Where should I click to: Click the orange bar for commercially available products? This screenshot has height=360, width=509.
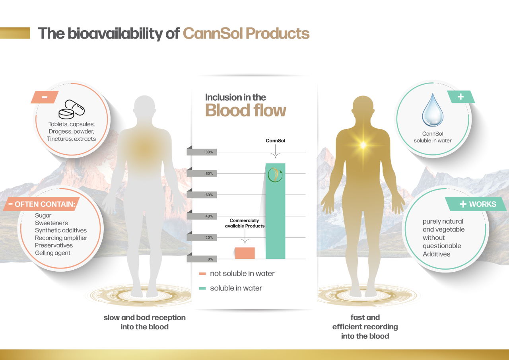tap(245, 253)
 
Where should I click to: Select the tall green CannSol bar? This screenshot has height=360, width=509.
tap(276, 211)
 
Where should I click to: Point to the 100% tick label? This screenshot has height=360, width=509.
tap(208, 152)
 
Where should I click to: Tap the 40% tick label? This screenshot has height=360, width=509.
tap(209, 216)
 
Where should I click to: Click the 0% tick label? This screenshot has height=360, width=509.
tap(210, 259)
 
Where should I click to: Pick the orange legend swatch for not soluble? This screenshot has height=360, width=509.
tap(202, 274)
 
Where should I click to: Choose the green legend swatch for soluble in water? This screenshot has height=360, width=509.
tap(202, 288)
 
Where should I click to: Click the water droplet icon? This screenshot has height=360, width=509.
tap(433, 110)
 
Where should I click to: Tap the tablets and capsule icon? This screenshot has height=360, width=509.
tap(72, 109)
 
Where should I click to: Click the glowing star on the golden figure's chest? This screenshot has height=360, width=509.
tap(363, 145)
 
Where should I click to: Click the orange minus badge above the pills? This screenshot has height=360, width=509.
tap(45, 97)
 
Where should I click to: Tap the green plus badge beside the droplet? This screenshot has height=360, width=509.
tap(461, 97)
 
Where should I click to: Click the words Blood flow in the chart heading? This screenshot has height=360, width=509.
tap(245, 111)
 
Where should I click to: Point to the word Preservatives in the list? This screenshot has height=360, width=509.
tap(54, 245)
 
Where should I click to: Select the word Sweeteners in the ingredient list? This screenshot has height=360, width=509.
tap(51, 223)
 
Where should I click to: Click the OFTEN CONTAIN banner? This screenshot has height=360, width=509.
tap(42, 204)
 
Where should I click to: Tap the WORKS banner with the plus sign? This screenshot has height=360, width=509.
tap(476, 204)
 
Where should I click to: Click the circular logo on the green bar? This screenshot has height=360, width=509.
tap(275, 175)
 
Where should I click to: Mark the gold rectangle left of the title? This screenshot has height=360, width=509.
tap(15, 33)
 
